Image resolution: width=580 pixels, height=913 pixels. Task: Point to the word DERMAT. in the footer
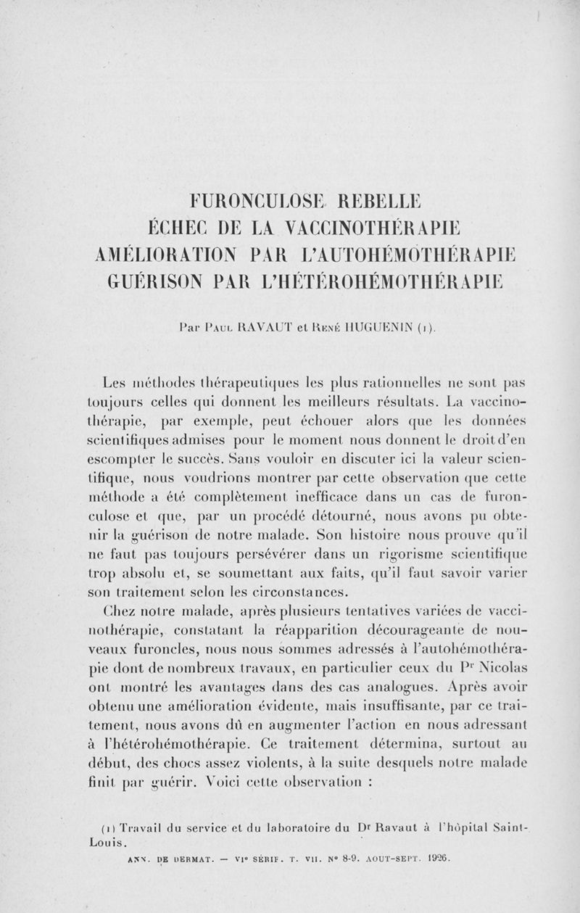point(173,857)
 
